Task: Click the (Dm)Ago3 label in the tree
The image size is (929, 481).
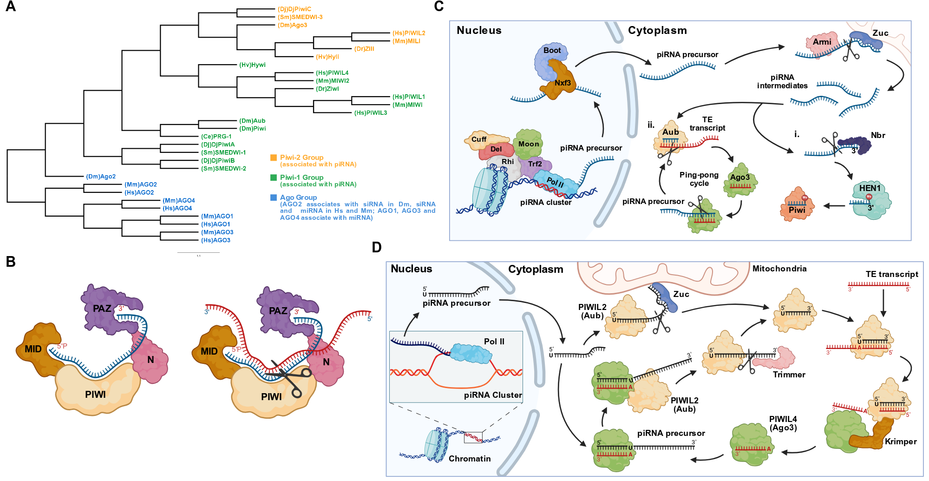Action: (x=292, y=25)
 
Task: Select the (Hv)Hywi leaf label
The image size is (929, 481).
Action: (x=252, y=65)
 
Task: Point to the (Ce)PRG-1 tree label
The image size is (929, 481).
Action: (x=216, y=137)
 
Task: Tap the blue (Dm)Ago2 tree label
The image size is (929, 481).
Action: (x=101, y=177)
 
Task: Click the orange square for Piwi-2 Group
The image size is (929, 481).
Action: (x=274, y=158)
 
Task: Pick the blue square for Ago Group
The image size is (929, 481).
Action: (x=274, y=198)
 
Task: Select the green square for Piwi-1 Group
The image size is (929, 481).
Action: (x=274, y=178)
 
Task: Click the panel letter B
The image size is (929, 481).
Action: (x=11, y=262)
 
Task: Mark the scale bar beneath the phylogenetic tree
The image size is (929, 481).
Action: (x=198, y=252)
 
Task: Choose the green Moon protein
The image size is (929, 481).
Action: (x=528, y=145)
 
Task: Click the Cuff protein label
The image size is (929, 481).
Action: (x=479, y=139)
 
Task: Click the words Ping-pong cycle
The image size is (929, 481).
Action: (x=699, y=179)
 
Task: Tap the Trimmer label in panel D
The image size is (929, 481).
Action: (x=789, y=375)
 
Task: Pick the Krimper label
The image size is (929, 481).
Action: (x=901, y=441)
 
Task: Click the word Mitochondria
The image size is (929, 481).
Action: (x=779, y=269)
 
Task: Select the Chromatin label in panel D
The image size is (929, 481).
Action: (x=470, y=459)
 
